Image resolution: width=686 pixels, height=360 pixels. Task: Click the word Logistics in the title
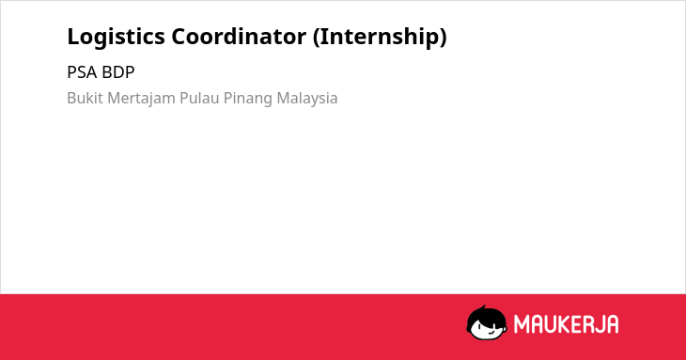coord(116,37)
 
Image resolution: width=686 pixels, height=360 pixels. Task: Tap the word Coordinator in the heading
coord(239,37)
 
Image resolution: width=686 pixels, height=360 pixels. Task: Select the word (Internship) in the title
coord(380,37)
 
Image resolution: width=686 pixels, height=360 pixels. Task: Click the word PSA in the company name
coord(82,72)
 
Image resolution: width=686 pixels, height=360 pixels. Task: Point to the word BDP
coord(118,72)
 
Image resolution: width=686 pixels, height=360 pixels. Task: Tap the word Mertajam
coord(141,99)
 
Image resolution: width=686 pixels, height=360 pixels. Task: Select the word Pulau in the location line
coord(199,98)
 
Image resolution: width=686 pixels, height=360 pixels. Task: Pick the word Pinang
coord(248,99)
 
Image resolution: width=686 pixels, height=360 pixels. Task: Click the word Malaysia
coord(307,99)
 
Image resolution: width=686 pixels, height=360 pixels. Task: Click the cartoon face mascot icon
coord(487,322)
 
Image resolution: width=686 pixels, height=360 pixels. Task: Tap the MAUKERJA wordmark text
coord(566,324)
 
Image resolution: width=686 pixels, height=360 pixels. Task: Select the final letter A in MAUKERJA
coord(613,324)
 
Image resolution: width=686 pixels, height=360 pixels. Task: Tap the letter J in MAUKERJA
coord(600,324)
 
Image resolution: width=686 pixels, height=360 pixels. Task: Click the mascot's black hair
coord(486,314)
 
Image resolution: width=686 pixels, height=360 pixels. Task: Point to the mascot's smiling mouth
coord(491,333)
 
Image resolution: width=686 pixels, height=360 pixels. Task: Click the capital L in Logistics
coord(73,37)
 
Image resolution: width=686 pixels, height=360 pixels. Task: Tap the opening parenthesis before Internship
coord(317,38)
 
